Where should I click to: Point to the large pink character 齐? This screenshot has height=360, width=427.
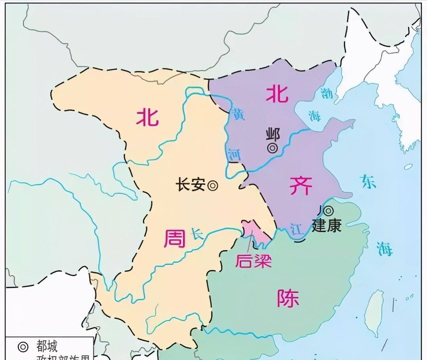[301, 185]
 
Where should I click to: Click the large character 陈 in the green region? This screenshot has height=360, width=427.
[288, 297]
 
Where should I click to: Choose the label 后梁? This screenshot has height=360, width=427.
[253, 261]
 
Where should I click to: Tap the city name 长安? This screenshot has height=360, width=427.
[190, 185]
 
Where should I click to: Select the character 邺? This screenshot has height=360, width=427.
[273, 135]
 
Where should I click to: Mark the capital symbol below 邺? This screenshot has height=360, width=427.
[273, 148]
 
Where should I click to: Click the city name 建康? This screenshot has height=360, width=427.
[327, 226]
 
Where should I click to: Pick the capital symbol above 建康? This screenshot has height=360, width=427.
[329, 210]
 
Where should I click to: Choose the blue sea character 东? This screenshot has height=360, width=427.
[368, 182]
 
